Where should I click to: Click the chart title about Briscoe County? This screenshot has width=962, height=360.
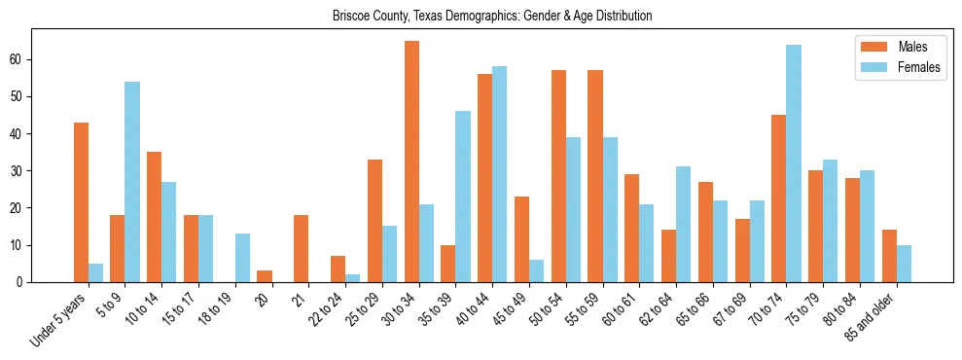[491, 17]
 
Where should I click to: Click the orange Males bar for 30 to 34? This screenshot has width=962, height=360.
[411, 162]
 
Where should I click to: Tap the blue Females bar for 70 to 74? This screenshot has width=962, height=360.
[794, 163]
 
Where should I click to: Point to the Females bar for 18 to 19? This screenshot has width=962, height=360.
[242, 258]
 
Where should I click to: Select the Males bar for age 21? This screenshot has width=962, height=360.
[302, 249]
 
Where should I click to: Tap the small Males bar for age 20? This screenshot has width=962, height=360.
[265, 276]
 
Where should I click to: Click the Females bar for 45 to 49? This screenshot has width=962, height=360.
[536, 270]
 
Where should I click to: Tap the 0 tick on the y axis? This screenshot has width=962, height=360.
[22, 282]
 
